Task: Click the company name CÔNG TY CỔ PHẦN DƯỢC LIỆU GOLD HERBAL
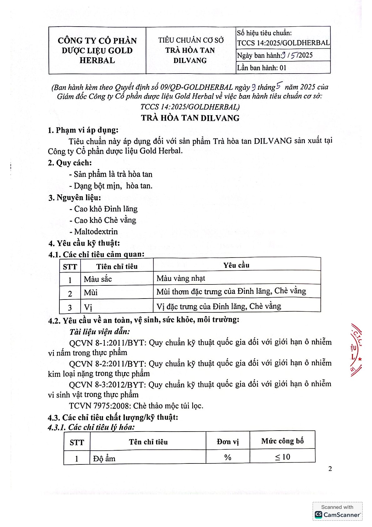coord(97,50)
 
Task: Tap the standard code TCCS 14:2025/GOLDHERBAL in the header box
coord(283,43)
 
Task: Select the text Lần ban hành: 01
coord(262,68)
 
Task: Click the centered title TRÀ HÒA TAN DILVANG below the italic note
coord(190,118)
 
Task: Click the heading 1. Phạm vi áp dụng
coord(83,130)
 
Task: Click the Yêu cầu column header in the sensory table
coord(236,265)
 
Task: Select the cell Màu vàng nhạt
coord(181,278)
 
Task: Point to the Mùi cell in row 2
coord(91,293)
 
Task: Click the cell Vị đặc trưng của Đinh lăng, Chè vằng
coord(219,306)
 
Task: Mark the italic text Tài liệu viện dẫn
coord(99,331)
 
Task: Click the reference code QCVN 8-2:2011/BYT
coord(107,364)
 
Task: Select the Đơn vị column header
coord(228,442)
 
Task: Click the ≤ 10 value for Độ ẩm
coord(283,457)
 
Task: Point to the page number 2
coord(330,468)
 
